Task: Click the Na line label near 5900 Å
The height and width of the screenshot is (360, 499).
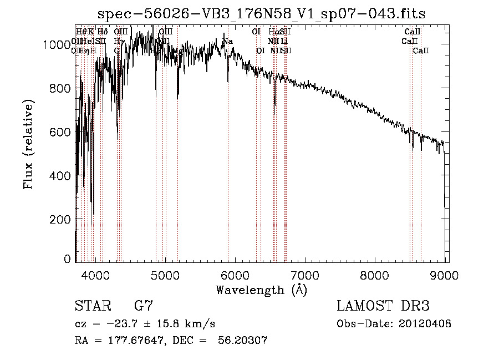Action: coord(228,42)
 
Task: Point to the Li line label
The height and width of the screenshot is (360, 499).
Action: coord(284,41)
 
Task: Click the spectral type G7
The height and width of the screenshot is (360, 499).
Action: coord(144,306)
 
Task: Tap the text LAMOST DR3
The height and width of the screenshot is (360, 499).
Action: coord(383,306)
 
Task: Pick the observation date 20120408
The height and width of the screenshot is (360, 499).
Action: coord(425,324)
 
